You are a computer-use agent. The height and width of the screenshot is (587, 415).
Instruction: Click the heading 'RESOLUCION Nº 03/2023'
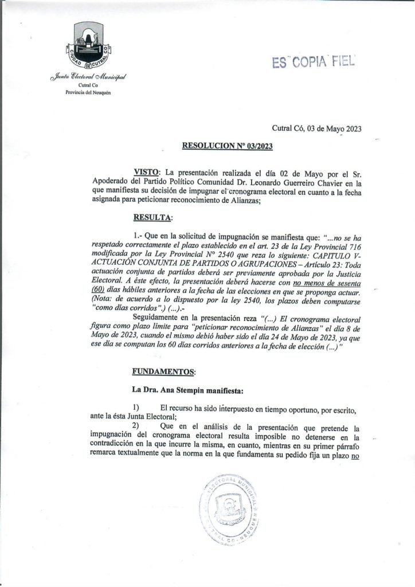227,146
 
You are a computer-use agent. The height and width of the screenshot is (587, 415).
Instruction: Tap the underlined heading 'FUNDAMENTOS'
163,371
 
